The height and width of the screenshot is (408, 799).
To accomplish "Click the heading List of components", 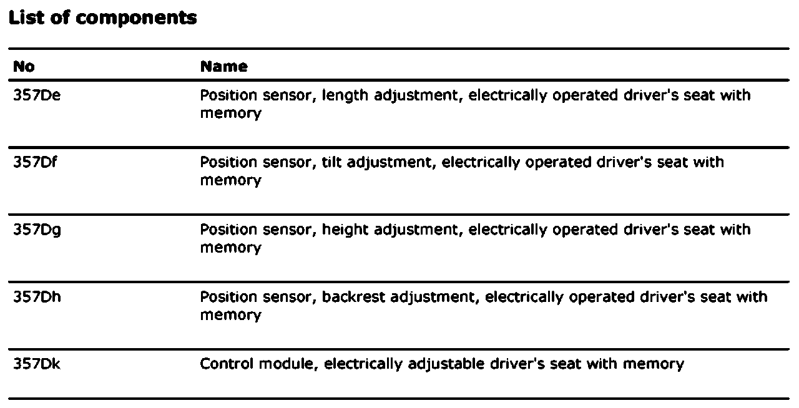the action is pyautogui.click(x=102, y=18).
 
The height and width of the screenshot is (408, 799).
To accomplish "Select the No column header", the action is pyautogui.click(x=24, y=66).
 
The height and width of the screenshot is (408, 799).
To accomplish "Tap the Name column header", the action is pyautogui.click(x=223, y=66).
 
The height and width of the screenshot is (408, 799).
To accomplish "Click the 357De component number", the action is pyautogui.click(x=37, y=95).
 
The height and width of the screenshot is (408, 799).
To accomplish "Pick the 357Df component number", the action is pyautogui.click(x=35, y=162).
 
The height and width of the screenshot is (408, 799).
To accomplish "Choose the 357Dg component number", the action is pyautogui.click(x=37, y=230).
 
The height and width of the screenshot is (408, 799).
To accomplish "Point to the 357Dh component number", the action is pyautogui.click(x=37, y=297).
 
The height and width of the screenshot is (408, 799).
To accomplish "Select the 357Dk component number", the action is pyautogui.click(x=37, y=364).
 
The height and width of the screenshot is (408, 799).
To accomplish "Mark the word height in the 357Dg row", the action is pyautogui.click(x=345, y=230).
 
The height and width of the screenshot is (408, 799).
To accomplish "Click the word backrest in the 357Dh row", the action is pyautogui.click(x=353, y=297).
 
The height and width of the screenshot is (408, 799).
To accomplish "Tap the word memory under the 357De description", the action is pyautogui.click(x=230, y=114).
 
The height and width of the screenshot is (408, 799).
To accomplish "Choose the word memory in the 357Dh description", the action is pyautogui.click(x=230, y=315).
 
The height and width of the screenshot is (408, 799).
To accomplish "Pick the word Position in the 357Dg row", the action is pyautogui.click(x=223, y=230).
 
